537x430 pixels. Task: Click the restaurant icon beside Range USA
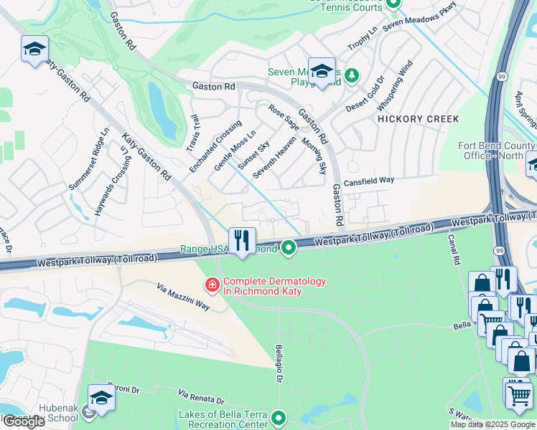point(243,241)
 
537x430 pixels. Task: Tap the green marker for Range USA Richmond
point(289,248)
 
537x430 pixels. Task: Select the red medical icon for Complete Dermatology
point(212,286)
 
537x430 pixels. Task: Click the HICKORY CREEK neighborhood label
point(417,119)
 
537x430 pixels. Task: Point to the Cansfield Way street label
point(370,182)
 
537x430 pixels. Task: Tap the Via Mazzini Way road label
point(183,296)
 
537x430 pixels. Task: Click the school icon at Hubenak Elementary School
point(101,399)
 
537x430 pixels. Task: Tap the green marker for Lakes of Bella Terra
point(279,416)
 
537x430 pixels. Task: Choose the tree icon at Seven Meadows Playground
point(351,75)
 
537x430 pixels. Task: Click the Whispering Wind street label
point(395,86)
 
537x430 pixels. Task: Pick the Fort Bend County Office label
point(497,150)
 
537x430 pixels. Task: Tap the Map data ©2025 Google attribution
point(492,424)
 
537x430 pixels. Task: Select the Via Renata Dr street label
point(201,396)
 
